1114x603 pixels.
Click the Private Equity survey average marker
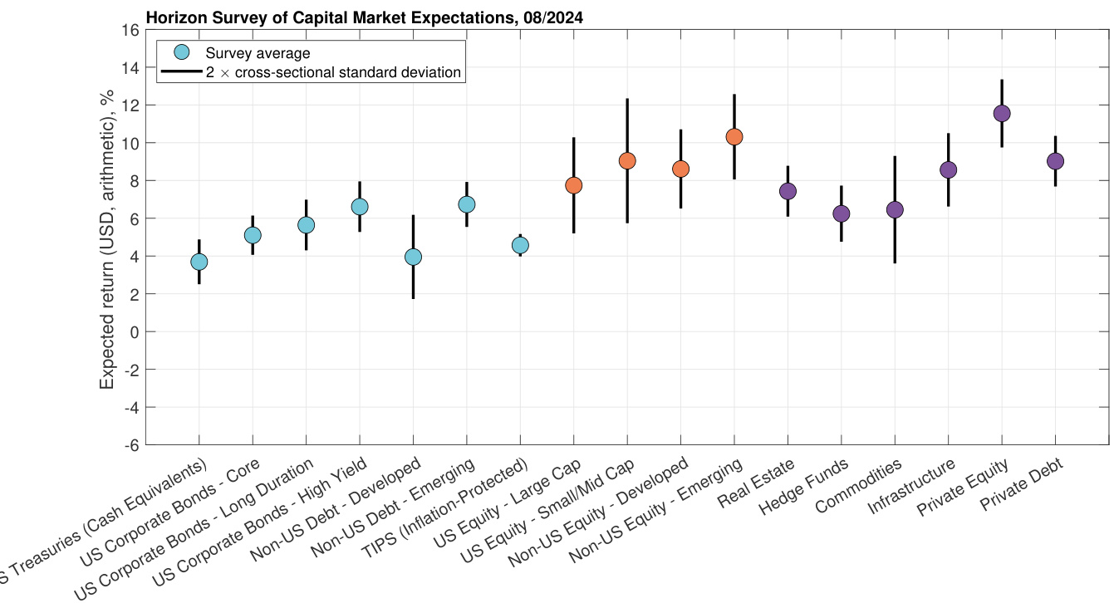pyautogui.click(x=1002, y=113)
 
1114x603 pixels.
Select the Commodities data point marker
pyautogui.click(x=895, y=209)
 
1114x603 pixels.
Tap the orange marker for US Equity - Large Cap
pyautogui.click(x=573, y=185)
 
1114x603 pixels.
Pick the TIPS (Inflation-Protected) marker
pyautogui.click(x=520, y=245)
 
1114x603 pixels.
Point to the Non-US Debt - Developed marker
pyautogui.click(x=413, y=257)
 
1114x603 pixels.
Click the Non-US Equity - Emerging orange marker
pyautogui.click(x=734, y=137)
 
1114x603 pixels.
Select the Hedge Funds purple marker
pyautogui.click(x=841, y=213)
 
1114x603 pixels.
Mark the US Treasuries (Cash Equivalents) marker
pyautogui.click(x=199, y=262)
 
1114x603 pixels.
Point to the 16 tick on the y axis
pyautogui.click(x=130, y=30)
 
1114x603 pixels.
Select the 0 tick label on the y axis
pyautogui.click(x=132, y=331)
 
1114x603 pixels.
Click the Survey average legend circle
pyautogui.click(x=180, y=51)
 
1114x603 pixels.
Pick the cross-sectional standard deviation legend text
pyautogui.click(x=333, y=72)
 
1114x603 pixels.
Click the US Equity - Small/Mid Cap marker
pyautogui.click(x=627, y=160)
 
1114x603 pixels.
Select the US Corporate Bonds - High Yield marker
pyautogui.click(x=360, y=206)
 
